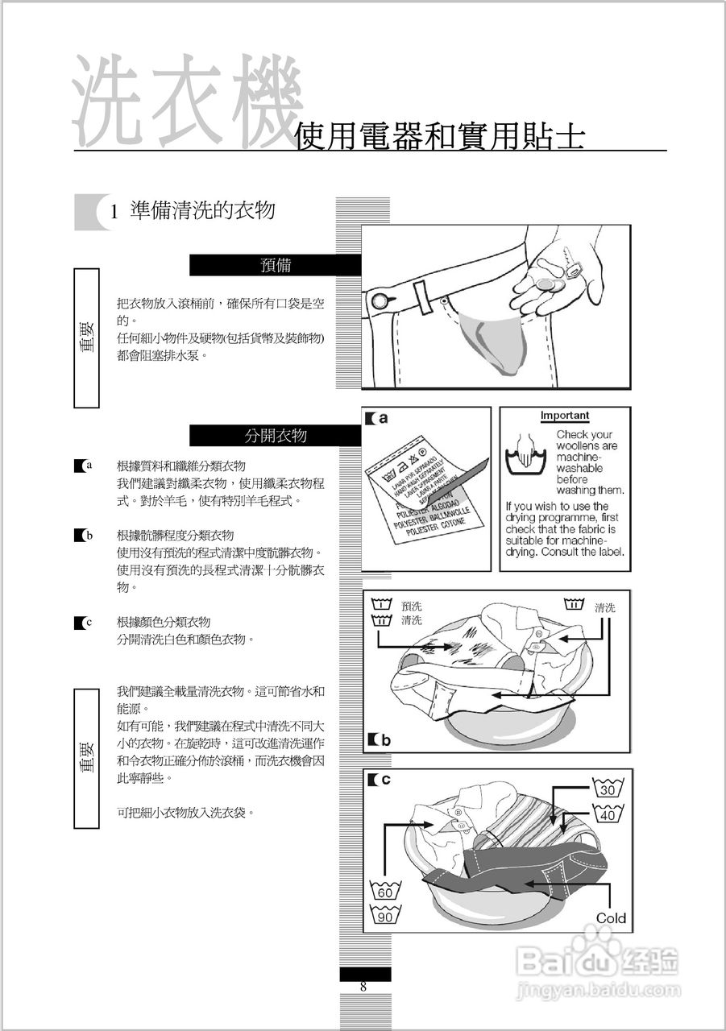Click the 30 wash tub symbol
point(608,789)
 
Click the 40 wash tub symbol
point(608,814)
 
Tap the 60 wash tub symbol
point(385,891)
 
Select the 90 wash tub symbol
point(385,916)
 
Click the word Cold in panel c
point(611,918)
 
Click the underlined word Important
point(564,416)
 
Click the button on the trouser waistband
point(380,302)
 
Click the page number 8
point(363,987)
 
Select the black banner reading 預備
point(275,265)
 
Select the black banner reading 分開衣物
point(275,436)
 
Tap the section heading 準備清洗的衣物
point(202,211)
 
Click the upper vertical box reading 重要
point(86,337)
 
